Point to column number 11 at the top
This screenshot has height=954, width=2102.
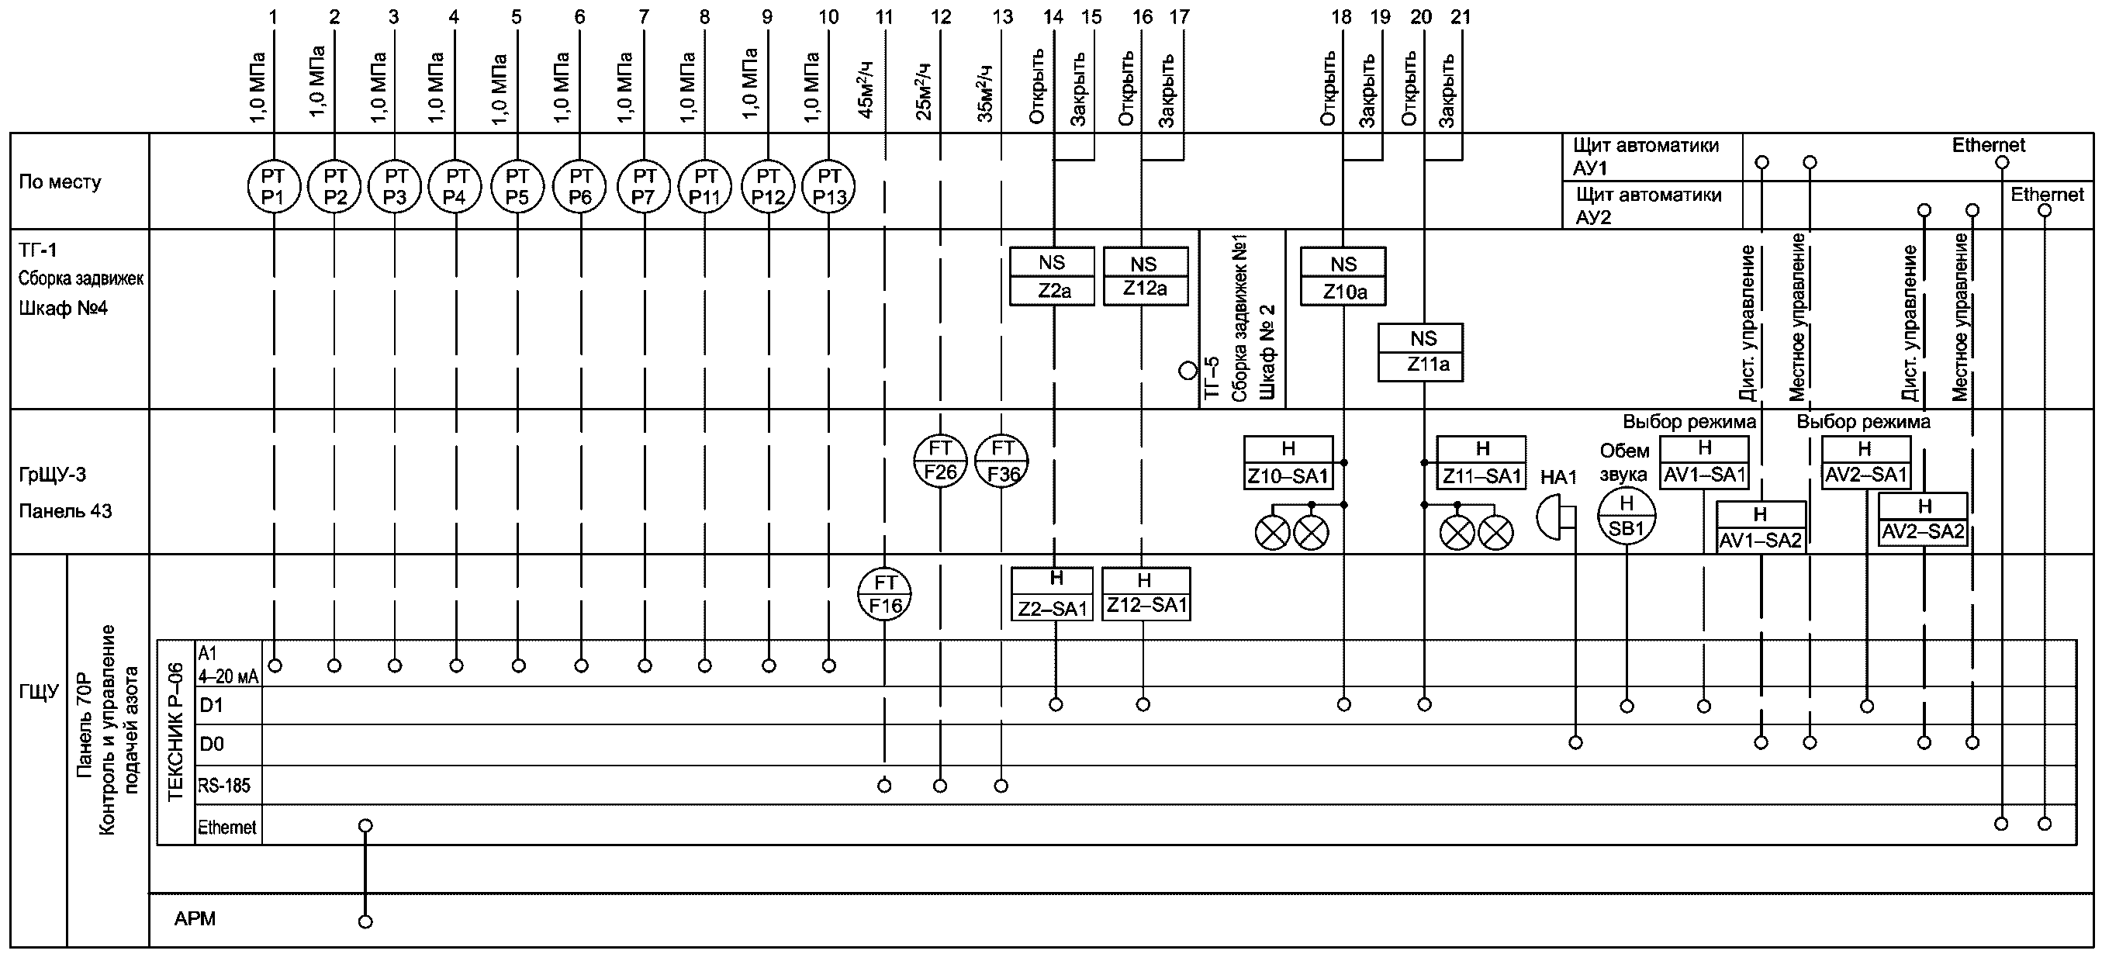[883, 16]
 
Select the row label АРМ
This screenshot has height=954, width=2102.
[195, 919]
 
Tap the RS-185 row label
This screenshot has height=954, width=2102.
[224, 786]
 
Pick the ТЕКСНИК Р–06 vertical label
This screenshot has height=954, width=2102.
[175, 732]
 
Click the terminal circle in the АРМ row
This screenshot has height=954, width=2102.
[365, 921]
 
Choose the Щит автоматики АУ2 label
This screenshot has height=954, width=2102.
[1648, 206]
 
